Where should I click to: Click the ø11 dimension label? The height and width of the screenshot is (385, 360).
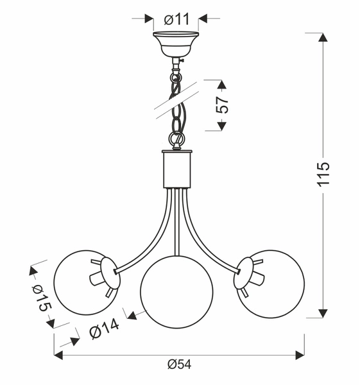[x=176, y=19]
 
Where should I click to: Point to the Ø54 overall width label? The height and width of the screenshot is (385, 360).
[x=179, y=364]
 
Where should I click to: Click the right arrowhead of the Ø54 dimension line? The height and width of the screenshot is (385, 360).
[x=299, y=354]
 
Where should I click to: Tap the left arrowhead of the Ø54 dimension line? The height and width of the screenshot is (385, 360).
[x=58, y=354]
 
